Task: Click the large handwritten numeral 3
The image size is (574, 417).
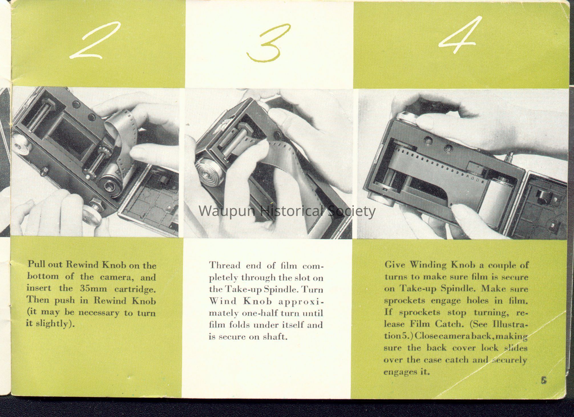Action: [x=268, y=43]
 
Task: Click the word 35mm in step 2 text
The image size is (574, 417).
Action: [x=93, y=289]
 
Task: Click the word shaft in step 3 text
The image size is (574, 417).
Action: [x=274, y=337]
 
